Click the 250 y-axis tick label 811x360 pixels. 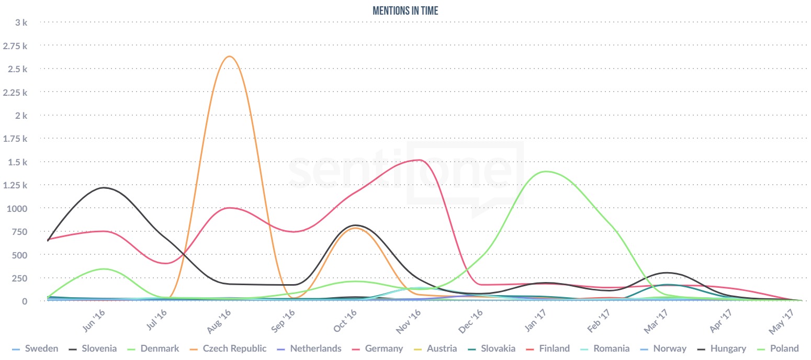[19, 278]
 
